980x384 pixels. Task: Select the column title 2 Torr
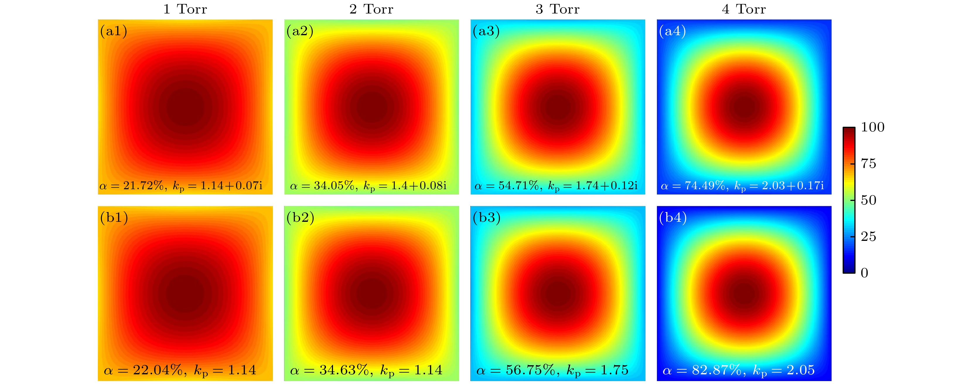tap(371, 9)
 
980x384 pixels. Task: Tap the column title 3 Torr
tap(557, 9)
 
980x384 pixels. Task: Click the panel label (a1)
tap(113, 31)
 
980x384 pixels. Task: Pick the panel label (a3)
tap(486, 31)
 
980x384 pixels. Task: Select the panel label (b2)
tap(300, 218)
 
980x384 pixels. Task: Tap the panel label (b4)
tap(672, 218)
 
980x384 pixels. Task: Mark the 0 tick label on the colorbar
tap(864, 273)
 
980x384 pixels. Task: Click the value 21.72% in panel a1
tap(143, 185)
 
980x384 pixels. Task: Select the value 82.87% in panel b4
tap(716, 370)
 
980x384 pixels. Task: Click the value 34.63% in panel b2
tap(344, 370)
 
